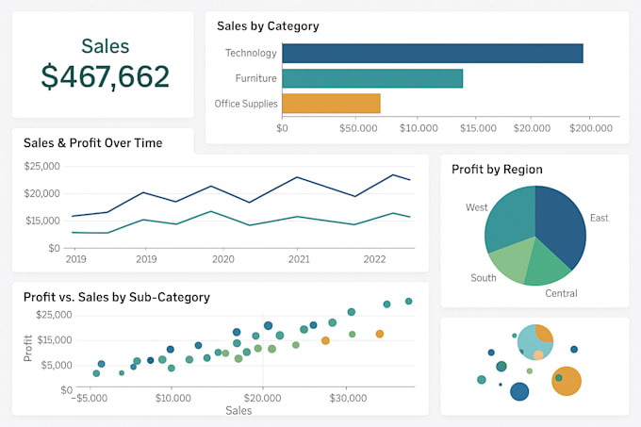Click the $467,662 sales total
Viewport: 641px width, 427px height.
[x=105, y=75]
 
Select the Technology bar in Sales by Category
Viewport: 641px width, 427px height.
[x=432, y=54]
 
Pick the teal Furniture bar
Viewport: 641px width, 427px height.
[x=371, y=78]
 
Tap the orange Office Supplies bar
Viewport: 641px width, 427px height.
[x=331, y=103]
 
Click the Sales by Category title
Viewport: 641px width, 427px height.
[x=268, y=26]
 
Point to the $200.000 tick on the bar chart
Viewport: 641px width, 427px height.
[x=592, y=127]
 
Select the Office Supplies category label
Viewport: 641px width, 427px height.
[x=245, y=104]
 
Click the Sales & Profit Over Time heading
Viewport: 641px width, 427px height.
[x=92, y=143]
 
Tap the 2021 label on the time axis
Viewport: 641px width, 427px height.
[x=299, y=258]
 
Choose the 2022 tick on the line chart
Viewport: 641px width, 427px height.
[x=375, y=258]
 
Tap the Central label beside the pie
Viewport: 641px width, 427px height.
[x=561, y=293]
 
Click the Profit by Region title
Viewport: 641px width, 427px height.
[x=497, y=170]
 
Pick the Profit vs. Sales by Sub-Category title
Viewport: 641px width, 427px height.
[x=117, y=297]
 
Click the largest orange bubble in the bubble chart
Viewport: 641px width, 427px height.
[x=566, y=381]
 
